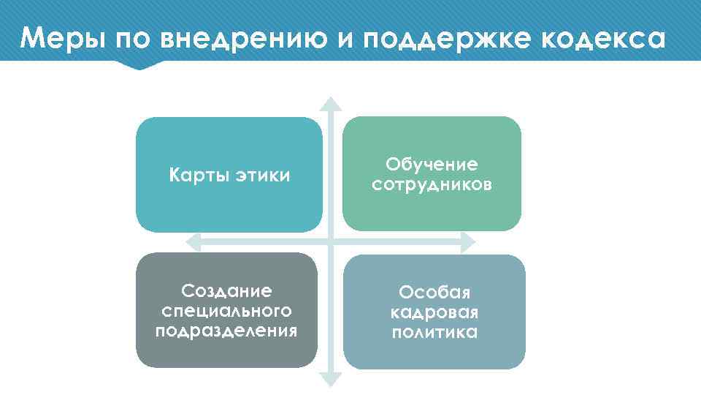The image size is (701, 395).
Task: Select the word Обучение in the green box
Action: point(432,165)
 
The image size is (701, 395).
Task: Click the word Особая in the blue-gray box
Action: point(434,293)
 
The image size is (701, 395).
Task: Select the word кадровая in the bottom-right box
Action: point(434,313)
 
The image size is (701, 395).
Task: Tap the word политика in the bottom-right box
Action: point(434,333)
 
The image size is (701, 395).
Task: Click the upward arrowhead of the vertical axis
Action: point(331,104)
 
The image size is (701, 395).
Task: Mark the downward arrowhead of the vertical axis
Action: point(331,379)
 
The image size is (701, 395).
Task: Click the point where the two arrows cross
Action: point(331,241)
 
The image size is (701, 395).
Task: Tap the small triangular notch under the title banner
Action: point(139,65)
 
